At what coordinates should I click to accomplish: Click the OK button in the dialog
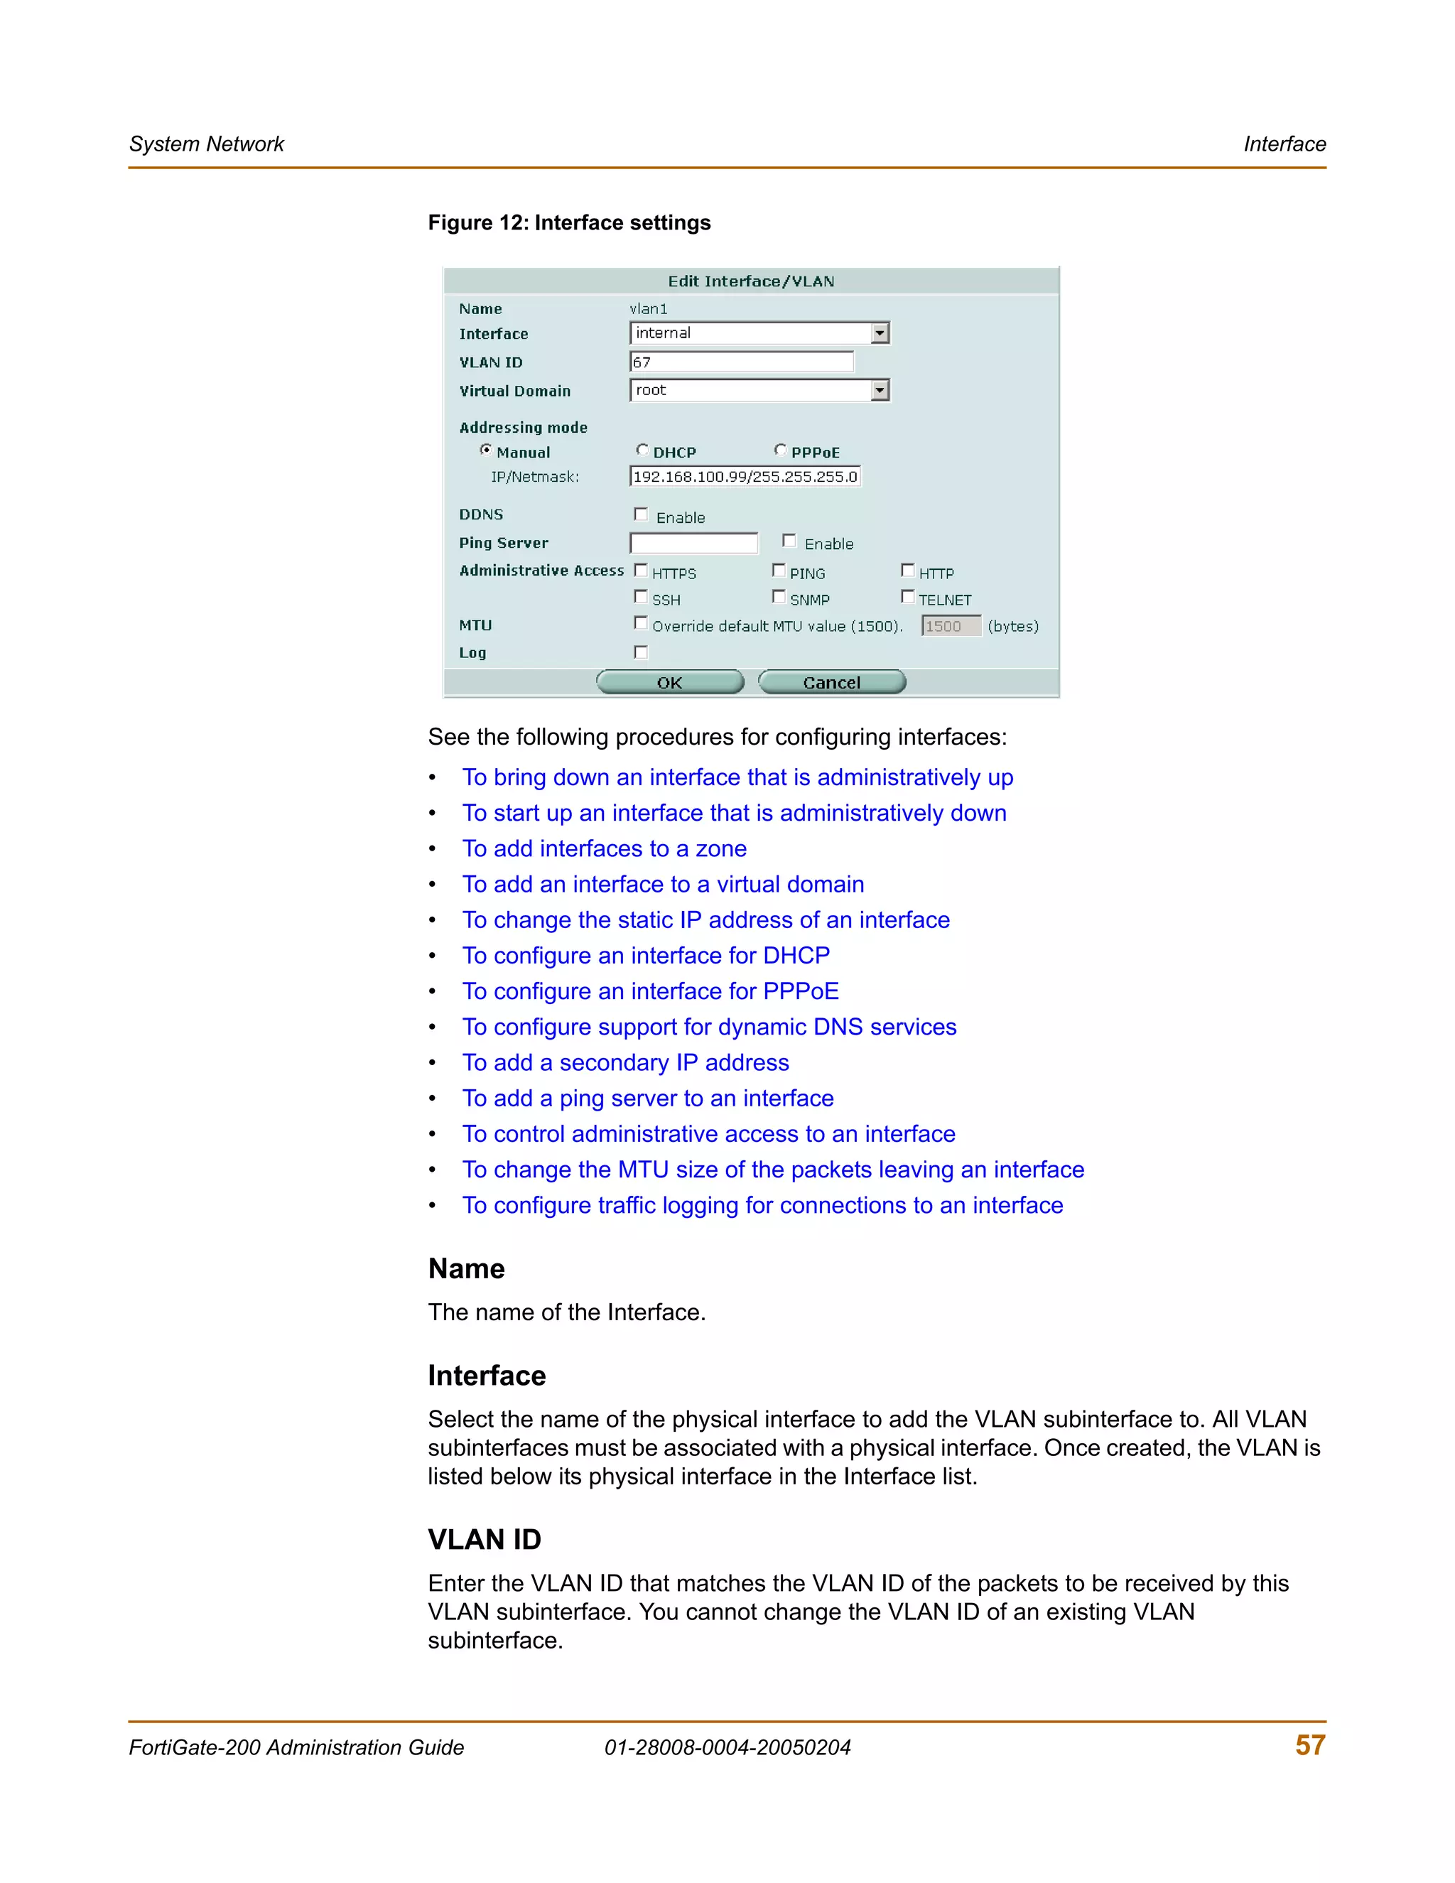[x=670, y=683]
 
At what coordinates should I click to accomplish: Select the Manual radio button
[x=486, y=450]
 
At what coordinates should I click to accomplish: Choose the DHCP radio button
[x=642, y=450]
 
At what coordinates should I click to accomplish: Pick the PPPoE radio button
[x=780, y=450]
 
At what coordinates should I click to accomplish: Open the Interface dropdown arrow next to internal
[x=880, y=334]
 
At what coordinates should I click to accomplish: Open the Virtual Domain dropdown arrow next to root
[x=880, y=391]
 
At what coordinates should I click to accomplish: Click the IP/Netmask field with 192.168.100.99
[x=745, y=477]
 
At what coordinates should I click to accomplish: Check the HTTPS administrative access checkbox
[x=640, y=571]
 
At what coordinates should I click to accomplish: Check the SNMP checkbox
[x=779, y=597]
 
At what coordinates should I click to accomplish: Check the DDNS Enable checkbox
[x=640, y=514]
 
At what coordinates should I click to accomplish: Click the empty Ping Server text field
[x=694, y=543]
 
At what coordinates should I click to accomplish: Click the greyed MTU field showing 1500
[x=951, y=626]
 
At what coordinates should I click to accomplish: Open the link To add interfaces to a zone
[x=605, y=849]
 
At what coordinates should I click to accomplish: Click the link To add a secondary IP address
[x=626, y=1063]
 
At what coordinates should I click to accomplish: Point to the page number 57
[x=1309, y=1745]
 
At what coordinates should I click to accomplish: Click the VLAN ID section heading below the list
[x=485, y=1540]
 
